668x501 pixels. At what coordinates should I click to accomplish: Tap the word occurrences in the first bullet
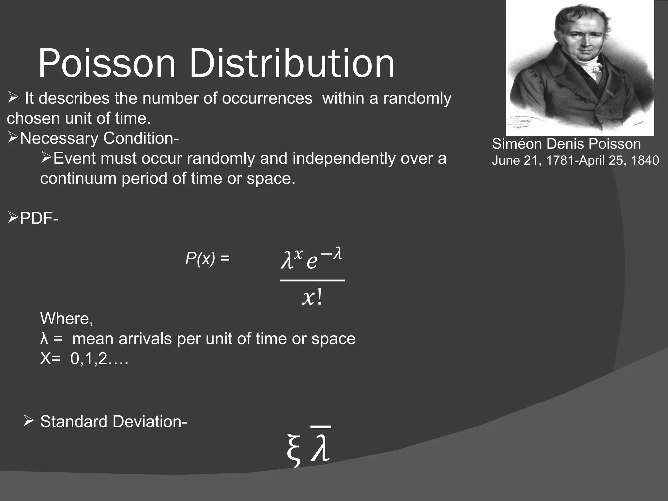[x=267, y=98]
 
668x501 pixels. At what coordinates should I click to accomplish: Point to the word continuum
[x=78, y=179]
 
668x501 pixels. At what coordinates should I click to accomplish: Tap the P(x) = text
[x=207, y=259]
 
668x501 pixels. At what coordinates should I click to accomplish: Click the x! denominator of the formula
[x=312, y=297]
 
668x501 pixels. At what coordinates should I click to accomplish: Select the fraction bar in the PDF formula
[x=312, y=280]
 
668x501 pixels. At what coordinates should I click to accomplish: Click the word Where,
[x=67, y=318]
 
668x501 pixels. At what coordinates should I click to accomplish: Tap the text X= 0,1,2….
[x=84, y=359]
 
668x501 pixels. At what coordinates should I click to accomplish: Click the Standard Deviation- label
[x=114, y=421]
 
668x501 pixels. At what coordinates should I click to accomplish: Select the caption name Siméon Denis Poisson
[x=566, y=144]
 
